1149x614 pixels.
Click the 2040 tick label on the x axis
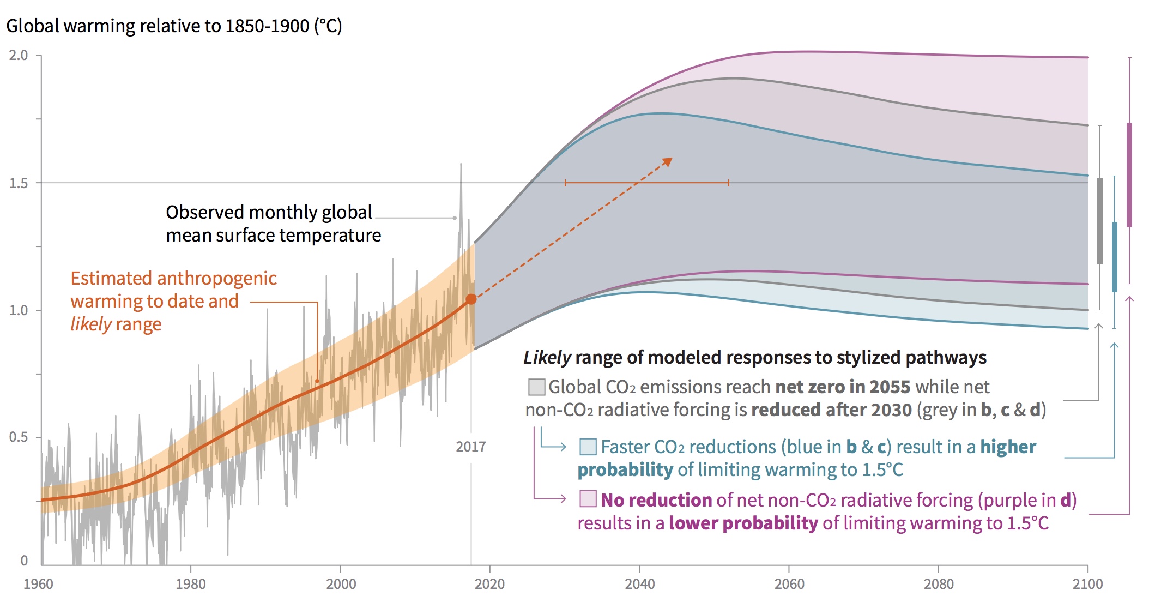point(639,584)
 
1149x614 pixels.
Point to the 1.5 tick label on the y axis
point(18,183)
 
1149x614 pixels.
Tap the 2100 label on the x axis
point(1087,584)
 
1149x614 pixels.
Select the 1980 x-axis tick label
point(191,584)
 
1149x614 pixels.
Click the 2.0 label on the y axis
point(18,55)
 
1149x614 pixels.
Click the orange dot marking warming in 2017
point(471,299)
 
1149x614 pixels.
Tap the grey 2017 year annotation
point(470,447)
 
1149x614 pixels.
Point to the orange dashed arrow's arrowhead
point(668,162)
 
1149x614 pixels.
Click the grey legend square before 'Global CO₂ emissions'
point(536,387)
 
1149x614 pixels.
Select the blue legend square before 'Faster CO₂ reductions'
point(588,447)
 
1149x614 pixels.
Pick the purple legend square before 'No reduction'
point(588,499)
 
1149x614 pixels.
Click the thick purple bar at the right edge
point(1129,174)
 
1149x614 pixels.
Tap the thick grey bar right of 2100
point(1099,221)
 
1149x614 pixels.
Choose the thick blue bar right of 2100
point(1115,256)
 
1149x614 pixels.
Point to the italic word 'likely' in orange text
point(90,324)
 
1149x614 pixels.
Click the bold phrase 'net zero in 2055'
point(843,387)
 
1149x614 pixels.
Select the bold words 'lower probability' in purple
point(743,523)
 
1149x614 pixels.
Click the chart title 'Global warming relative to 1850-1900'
point(174,26)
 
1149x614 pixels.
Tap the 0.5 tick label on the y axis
point(18,437)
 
